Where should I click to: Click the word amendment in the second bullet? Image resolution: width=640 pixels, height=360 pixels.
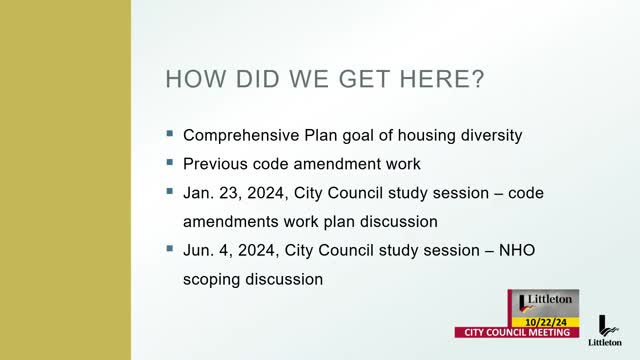click(x=338, y=163)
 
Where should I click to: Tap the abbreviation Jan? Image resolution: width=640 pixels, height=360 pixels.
click(x=198, y=192)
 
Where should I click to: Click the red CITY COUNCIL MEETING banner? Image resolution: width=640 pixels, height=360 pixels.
click(x=517, y=332)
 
